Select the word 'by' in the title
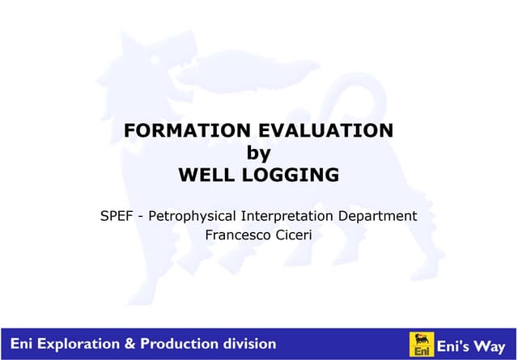coord(258,153)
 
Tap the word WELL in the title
coord(208,175)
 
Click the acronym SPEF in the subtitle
coord(116,216)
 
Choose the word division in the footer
coord(247,344)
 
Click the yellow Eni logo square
coord(420,344)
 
